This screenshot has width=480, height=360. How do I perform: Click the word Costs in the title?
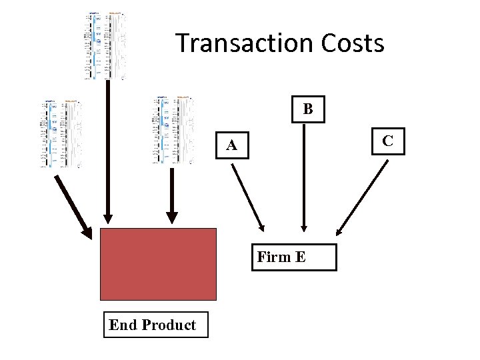pyautogui.click(x=353, y=43)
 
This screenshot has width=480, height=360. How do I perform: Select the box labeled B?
pyautogui.click(x=307, y=109)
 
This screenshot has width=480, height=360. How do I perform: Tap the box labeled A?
pyautogui.click(x=231, y=145)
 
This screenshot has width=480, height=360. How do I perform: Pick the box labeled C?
pyautogui.click(x=387, y=140)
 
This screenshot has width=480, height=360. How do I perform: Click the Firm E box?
pyautogui.click(x=294, y=257)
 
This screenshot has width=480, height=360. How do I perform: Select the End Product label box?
pyautogui.click(x=155, y=325)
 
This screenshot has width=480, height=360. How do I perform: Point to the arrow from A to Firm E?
pyautogui.click(x=247, y=196)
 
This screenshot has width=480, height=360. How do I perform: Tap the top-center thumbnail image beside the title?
pyautogui.click(x=105, y=46)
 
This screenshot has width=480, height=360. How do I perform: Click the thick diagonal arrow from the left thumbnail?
pyautogui.click(x=73, y=205)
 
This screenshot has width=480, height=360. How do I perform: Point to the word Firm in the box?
pyautogui.click(x=273, y=257)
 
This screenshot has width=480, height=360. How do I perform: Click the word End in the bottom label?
pyautogui.click(x=123, y=325)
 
